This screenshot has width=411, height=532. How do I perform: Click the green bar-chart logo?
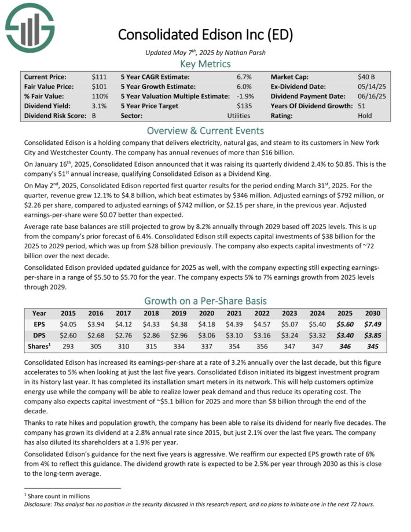pyautogui.click(x=29, y=27)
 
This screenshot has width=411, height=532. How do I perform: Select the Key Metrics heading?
pyautogui.click(x=205, y=64)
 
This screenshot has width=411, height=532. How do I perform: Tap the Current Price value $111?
pyautogui.click(x=99, y=76)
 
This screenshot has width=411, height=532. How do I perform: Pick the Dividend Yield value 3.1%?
pyautogui.click(x=99, y=106)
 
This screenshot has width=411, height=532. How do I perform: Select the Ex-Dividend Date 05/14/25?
pyautogui.click(x=370, y=86)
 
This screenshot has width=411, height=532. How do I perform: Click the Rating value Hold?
pyautogui.click(x=365, y=116)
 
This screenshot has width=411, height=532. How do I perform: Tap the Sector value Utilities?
pyautogui.click(x=239, y=116)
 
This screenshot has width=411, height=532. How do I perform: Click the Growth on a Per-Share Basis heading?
pyautogui.click(x=205, y=301)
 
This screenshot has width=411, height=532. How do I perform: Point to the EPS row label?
pyautogui.click(x=39, y=325)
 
